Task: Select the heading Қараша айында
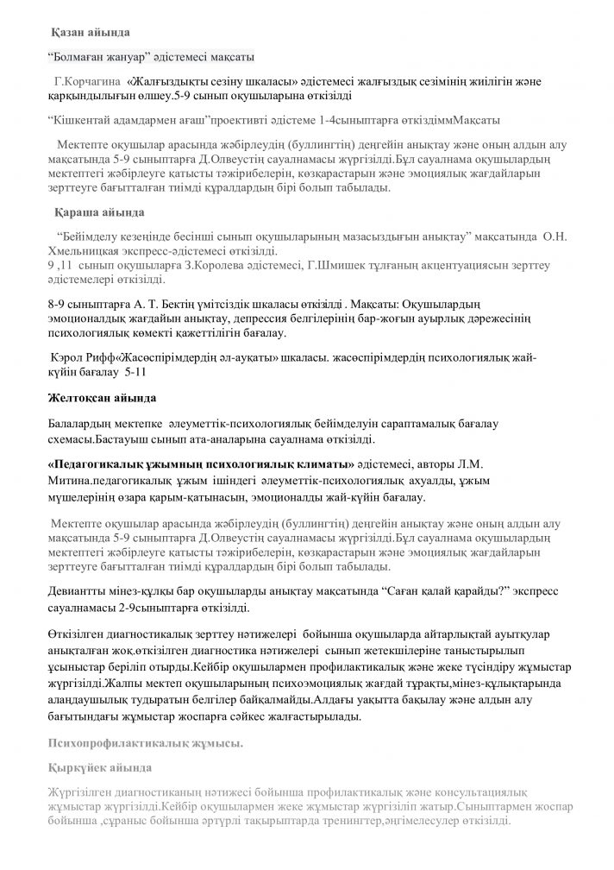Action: coord(91,211)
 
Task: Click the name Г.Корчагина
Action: coord(87,81)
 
